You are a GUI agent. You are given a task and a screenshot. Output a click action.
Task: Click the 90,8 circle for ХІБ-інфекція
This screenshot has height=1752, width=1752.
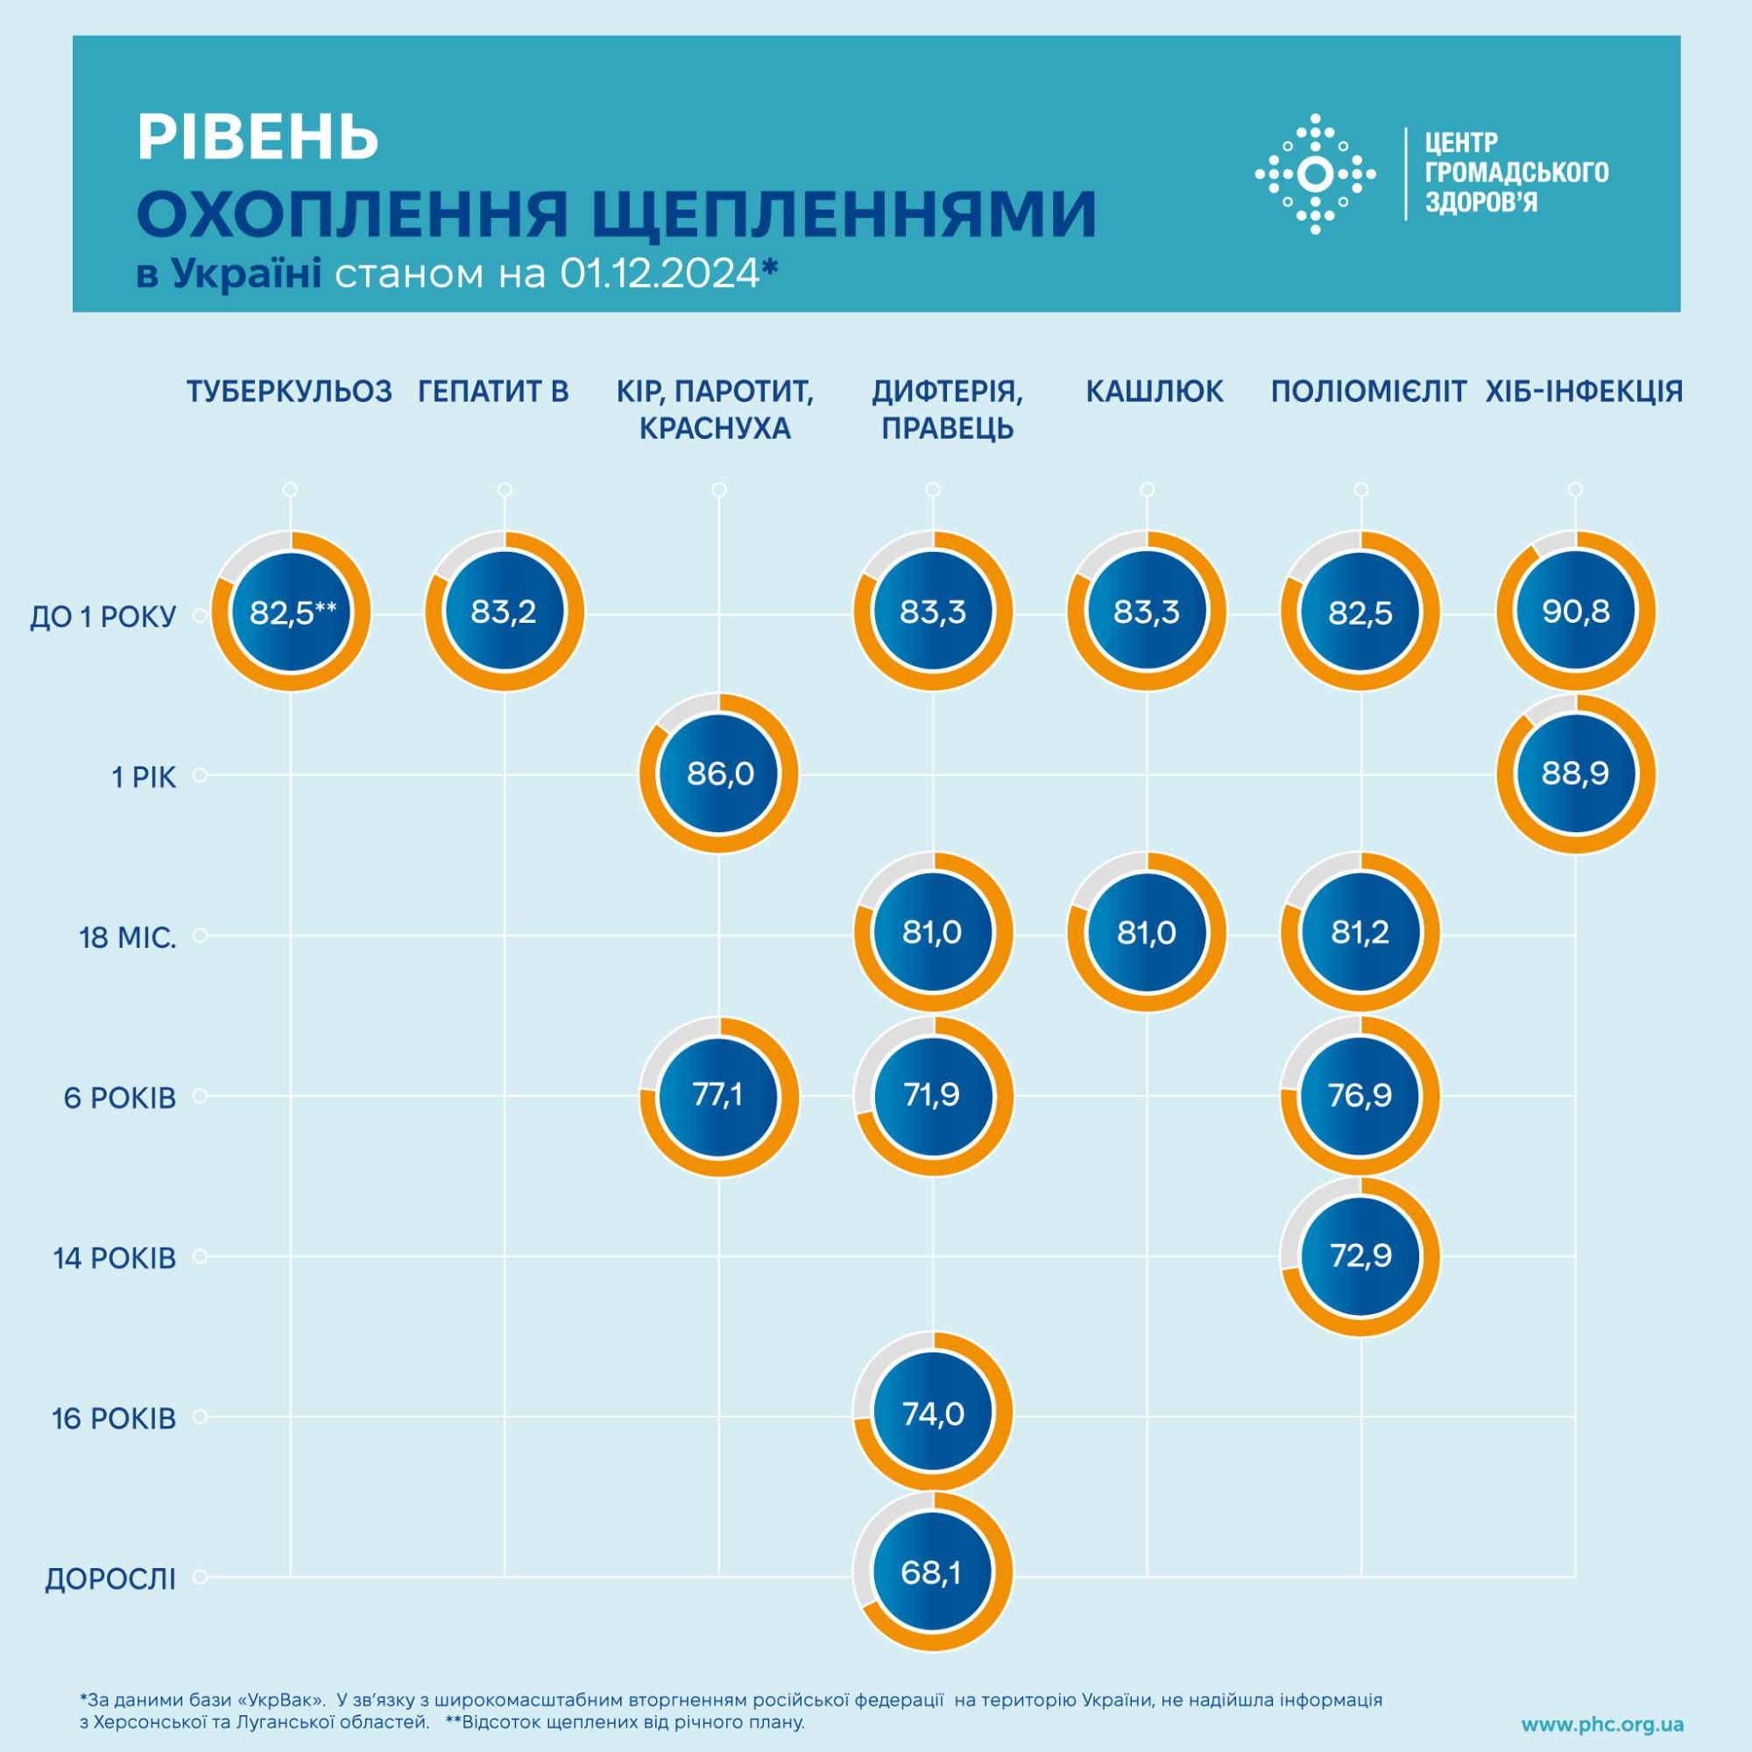point(1575,612)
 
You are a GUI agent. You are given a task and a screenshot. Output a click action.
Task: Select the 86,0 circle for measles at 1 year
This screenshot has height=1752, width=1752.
point(719,774)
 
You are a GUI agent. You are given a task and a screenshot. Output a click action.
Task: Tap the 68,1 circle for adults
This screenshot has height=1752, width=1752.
point(932,1572)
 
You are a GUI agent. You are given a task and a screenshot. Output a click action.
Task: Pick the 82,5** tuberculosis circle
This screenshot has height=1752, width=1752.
point(291,612)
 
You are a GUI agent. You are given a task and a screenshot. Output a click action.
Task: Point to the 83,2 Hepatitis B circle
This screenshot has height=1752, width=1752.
point(505,612)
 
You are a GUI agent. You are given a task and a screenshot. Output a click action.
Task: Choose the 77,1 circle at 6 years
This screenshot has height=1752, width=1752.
point(719,1096)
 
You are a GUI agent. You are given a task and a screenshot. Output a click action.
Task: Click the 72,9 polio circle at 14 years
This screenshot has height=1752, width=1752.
point(1360,1256)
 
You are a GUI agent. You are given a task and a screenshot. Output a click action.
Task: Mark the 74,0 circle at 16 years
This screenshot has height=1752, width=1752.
point(932,1413)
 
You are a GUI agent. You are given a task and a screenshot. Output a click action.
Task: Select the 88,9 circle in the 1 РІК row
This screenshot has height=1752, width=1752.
point(1575,774)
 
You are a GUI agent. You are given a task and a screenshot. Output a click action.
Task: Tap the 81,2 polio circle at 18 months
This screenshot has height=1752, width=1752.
point(1360,932)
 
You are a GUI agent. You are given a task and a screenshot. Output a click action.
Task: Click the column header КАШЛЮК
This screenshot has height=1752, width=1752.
point(1155,392)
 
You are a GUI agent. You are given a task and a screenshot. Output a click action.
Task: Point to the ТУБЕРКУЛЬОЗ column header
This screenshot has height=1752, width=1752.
point(289,392)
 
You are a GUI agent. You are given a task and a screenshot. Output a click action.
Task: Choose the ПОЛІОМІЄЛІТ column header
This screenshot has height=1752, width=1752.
point(1367,392)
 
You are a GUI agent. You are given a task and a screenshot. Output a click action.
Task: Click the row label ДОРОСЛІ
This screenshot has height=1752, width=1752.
point(110,1579)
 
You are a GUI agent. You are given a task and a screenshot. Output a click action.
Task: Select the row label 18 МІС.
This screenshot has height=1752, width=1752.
point(128,937)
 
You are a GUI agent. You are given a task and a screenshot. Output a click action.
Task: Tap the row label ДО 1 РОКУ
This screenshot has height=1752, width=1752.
point(103,617)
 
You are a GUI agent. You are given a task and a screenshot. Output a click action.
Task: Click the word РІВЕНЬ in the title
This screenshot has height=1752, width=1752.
point(258,138)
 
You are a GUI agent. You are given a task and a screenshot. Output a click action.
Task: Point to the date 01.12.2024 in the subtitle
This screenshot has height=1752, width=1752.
point(660,272)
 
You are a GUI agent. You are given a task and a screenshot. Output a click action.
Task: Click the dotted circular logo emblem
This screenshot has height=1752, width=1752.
point(1315,174)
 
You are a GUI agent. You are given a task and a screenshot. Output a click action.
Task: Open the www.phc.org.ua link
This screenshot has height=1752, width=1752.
point(1602,1725)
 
